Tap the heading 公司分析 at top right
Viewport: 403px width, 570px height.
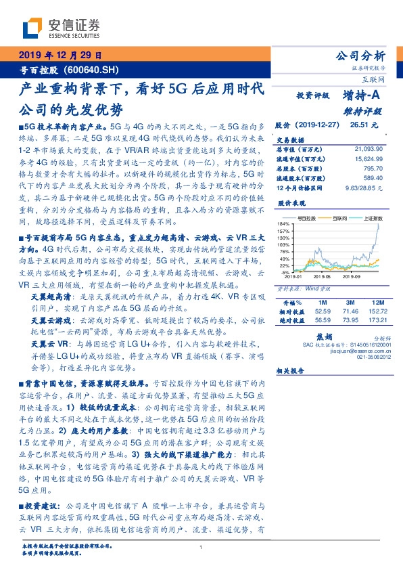tap(361, 56)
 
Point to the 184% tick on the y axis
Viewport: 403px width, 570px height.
tap(283, 223)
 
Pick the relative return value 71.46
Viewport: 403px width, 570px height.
tap(350, 310)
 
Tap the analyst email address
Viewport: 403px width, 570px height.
tap(361, 351)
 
